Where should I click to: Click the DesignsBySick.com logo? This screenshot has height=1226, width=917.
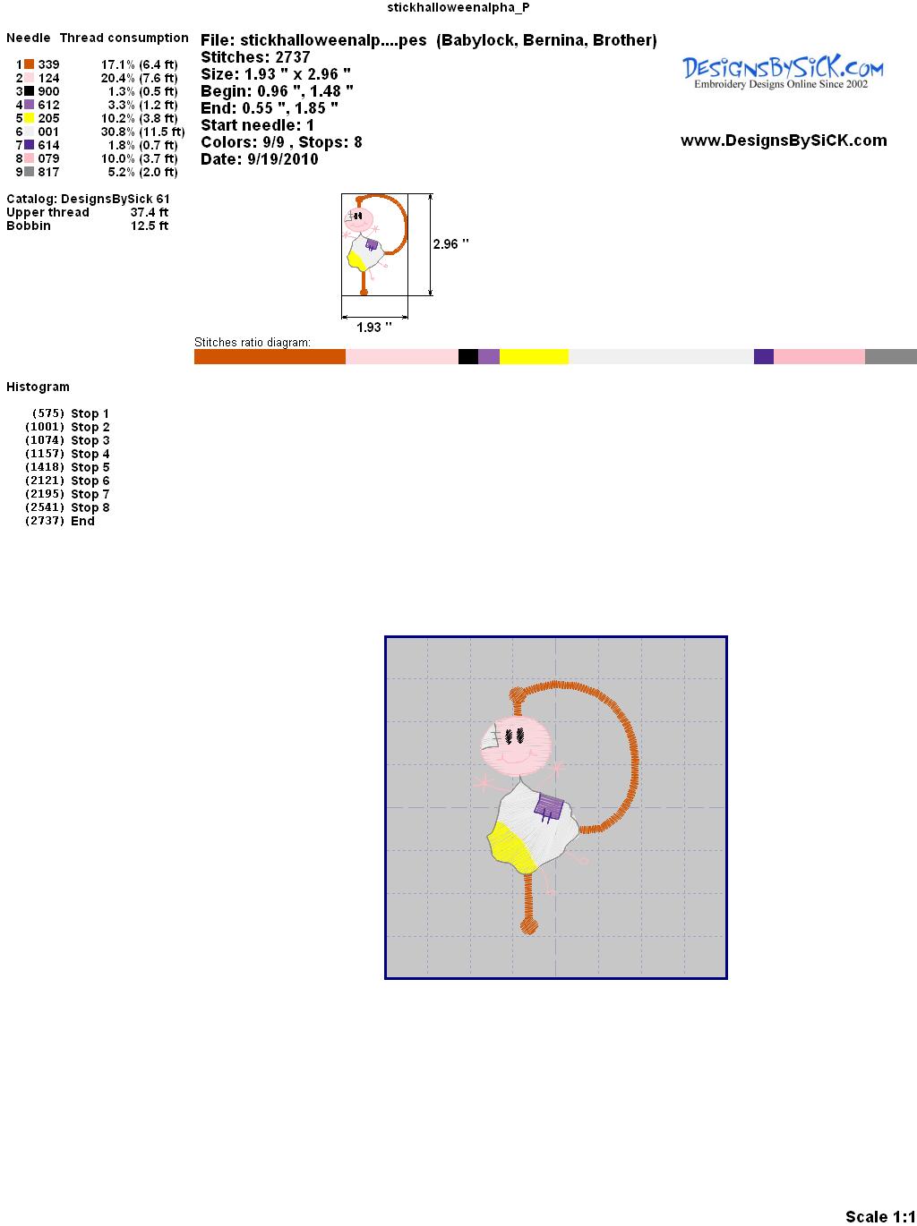[783, 72]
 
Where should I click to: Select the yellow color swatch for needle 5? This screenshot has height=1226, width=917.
[29, 118]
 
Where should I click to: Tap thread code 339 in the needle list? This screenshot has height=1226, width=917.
[48, 64]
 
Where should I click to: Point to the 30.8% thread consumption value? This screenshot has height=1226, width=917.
[118, 132]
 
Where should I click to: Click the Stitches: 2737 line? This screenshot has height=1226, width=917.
[255, 57]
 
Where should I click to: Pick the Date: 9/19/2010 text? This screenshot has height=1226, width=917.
[260, 159]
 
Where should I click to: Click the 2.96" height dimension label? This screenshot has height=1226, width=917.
[450, 244]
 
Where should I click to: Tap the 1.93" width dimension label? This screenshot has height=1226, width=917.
[373, 327]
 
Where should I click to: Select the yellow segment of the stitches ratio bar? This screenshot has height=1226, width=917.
[534, 356]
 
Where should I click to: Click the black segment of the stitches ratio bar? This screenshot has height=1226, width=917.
[468, 356]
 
